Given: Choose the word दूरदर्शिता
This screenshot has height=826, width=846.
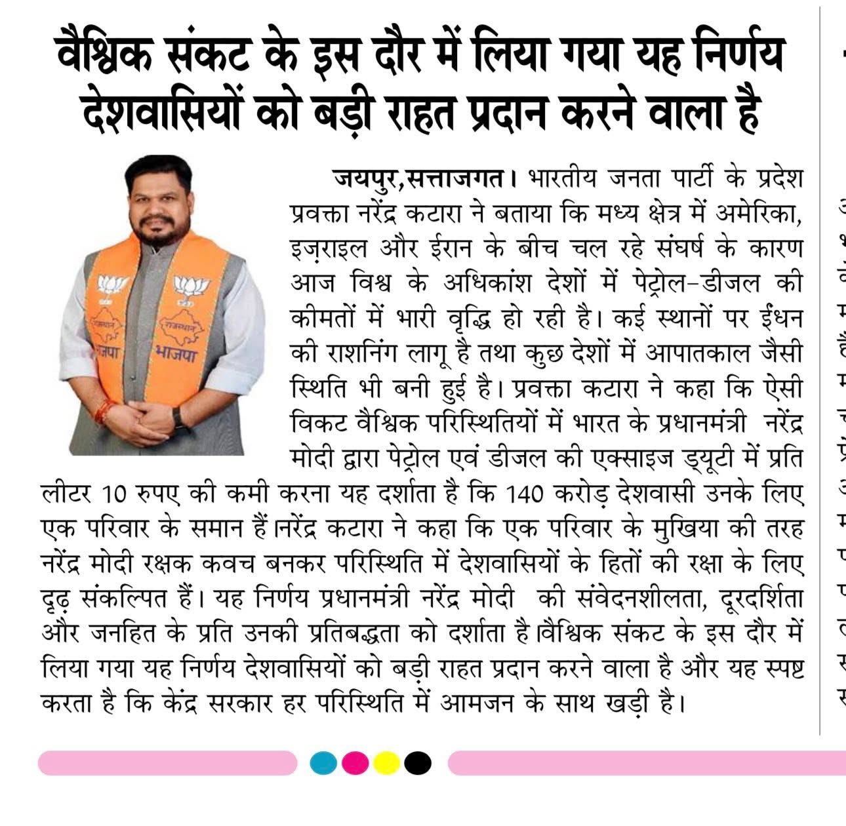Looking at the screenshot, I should [761, 599].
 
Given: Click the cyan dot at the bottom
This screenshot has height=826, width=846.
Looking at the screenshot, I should [323, 762].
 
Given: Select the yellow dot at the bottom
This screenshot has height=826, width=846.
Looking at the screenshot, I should [386, 762].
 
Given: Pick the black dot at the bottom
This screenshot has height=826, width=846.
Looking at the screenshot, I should [418, 762].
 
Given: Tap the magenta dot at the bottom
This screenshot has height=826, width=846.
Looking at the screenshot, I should [355, 762].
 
